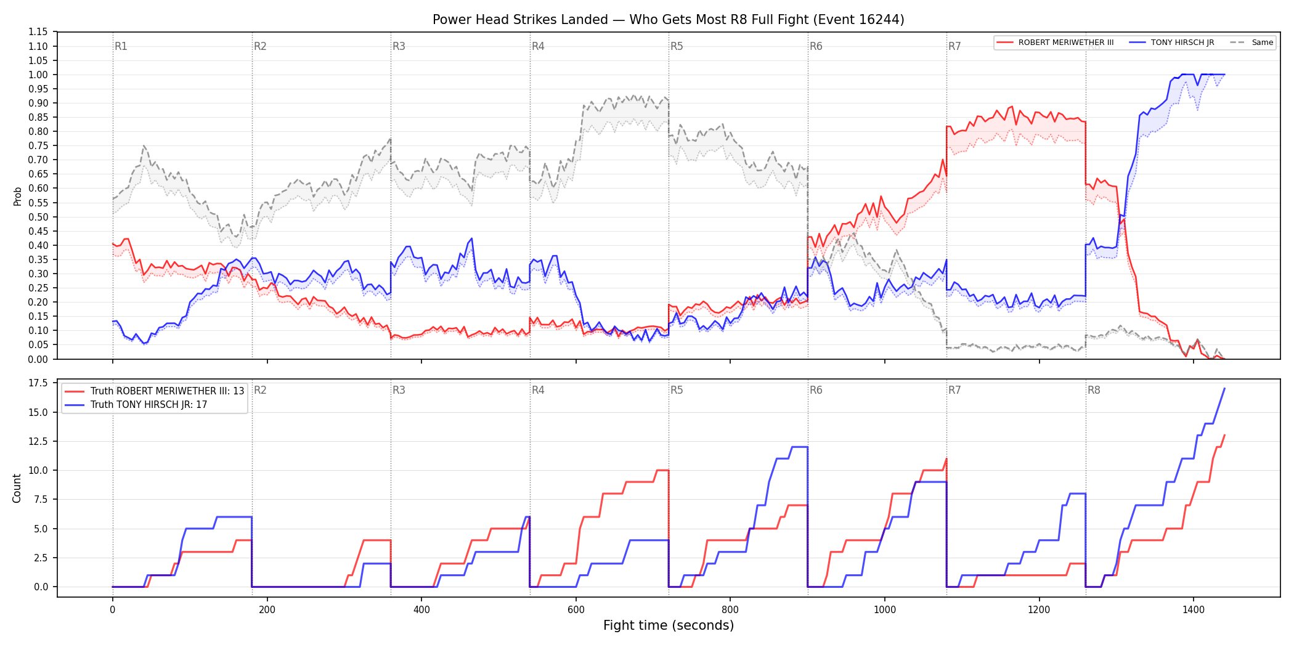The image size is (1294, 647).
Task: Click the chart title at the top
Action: (x=668, y=20)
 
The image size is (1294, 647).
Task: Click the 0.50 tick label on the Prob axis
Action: (x=38, y=217)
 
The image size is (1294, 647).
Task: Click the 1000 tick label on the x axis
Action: (x=885, y=610)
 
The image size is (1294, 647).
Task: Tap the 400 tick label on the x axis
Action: (x=421, y=610)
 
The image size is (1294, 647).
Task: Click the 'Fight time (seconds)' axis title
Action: (x=669, y=625)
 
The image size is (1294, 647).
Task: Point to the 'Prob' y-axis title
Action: (x=17, y=196)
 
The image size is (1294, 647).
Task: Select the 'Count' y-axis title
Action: (x=17, y=488)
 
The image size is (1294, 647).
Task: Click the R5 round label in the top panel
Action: (x=677, y=46)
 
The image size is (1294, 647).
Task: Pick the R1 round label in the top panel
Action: (x=121, y=46)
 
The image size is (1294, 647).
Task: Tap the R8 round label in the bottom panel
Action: (x=1094, y=390)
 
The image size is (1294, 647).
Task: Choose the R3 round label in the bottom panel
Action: (x=399, y=390)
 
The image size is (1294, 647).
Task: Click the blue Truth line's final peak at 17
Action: (x=1224, y=389)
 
